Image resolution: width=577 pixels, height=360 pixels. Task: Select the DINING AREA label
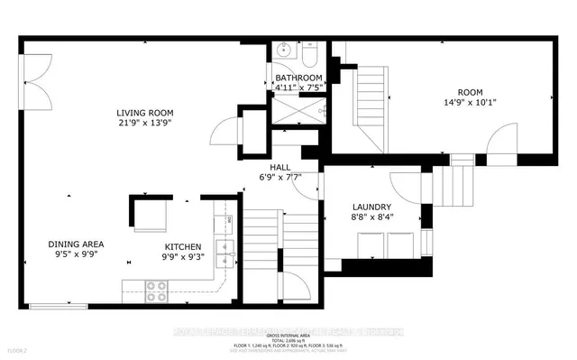pyautogui.click(x=77, y=245)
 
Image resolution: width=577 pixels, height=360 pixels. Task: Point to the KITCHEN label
pyautogui.click(x=182, y=245)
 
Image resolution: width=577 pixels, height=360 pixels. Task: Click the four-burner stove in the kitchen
pyautogui.click(x=155, y=291)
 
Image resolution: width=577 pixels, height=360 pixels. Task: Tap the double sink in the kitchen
pyautogui.click(x=223, y=248)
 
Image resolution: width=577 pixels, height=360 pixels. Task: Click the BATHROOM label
pyautogui.click(x=298, y=78)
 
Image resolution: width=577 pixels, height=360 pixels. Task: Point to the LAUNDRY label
pyautogui.click(x=370, y=206)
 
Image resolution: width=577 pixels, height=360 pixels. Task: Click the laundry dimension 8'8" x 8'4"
pyautogui.click(x=370, y=217)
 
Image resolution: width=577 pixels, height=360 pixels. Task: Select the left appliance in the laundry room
pyautogui.click(x=371, y=244)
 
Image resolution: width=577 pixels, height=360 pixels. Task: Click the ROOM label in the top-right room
pyautogui.click(x=472, y=92)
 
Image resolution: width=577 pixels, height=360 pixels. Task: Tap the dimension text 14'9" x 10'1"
pyautogui.click(x=472, y=103)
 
